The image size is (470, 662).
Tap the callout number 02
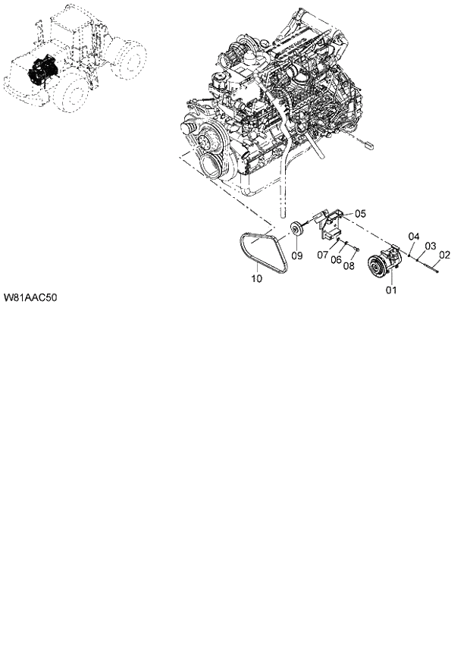(x=444, y=255)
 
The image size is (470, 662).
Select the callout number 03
(x=429, y=246)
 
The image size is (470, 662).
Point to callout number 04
(x=414, y=237)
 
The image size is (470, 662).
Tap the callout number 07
(x=322, y=254)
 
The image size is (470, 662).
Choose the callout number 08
(x=349, y=265)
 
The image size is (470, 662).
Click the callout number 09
(x=297, y=256)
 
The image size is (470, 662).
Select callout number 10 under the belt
(x=256, y=279)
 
